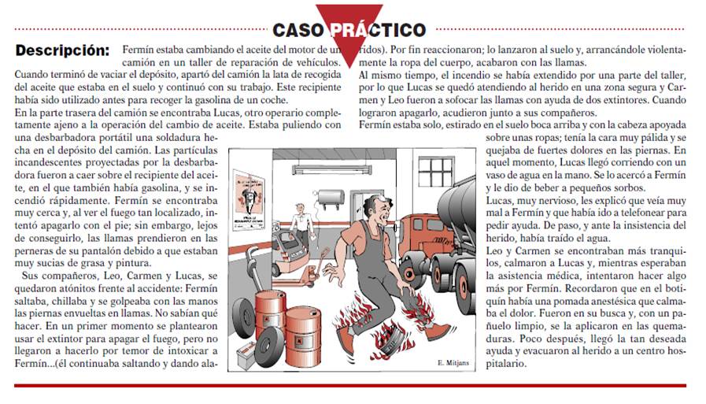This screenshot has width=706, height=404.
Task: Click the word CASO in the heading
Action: [x=298, y=30]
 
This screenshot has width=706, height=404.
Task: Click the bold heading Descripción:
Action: [x=63, y=50]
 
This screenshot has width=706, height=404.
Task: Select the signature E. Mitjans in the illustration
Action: [x=453, y=362]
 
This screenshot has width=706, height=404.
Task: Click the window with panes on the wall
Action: [x=436, y=171]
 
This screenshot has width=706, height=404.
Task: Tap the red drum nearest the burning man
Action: [x=303, y=336]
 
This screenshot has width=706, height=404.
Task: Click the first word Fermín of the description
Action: [x=136, y=50]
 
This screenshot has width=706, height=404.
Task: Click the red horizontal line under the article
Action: [x=350, y=386]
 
